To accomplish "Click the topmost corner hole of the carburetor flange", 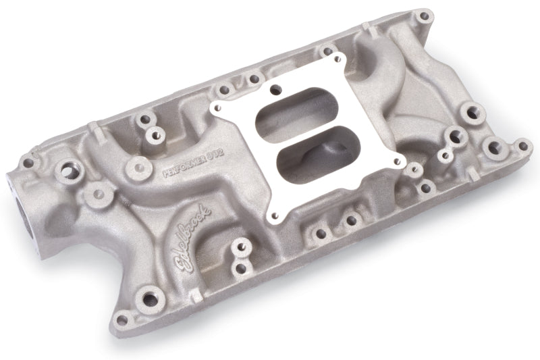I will point(275,87).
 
